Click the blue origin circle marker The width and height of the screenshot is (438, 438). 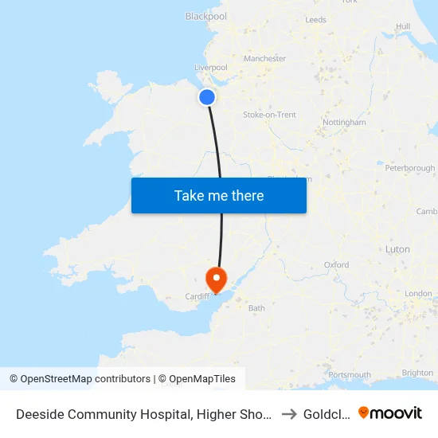click(207, 97)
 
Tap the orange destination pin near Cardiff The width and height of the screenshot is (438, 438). click(216, 279)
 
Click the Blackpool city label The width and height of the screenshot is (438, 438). click(205, 16)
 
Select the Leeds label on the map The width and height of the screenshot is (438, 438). click(315, 19)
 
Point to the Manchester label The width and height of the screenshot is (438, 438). click(265, 58)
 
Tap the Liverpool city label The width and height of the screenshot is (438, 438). click(211, 68)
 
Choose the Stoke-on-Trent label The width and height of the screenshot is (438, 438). click(269, 115)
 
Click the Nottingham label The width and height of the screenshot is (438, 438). click(345, 123)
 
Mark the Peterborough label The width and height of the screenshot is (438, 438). click(409, 168)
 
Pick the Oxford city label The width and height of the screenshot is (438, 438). click(336, 264)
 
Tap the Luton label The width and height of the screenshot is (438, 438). click(397, 249)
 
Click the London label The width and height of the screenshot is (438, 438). click(417, 294)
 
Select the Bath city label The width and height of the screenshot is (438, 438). click(256, 307)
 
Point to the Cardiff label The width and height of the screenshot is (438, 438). click(197, 296)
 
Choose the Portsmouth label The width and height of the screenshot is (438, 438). click(349, 374)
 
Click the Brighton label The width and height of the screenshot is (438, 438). click(418, 373)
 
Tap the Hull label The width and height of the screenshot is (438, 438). click(403, 26)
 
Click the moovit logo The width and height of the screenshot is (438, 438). click(390, 413)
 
